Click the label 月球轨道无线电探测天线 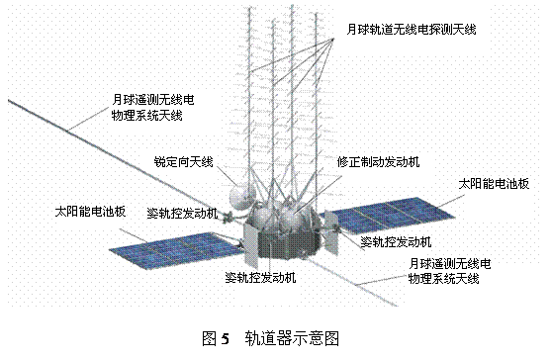tap(412, 29)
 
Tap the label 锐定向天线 tap(183, 161)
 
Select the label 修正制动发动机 tap(378, 161)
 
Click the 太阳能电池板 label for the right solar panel tap(494, 184)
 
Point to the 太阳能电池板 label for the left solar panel tap(90, 212)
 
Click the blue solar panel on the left tap(176, 250)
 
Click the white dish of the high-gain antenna tap(241, 197)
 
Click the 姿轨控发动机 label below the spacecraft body tap(260, 278)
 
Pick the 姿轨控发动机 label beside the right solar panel tap(396, 242)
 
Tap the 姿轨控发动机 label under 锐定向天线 tap(182, 214)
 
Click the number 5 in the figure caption tap(226, 339)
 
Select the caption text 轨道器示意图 tap(292, 338)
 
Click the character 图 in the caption tap(210, 338)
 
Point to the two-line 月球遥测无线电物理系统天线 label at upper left tap(153, 108)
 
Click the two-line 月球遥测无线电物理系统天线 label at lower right tap(449, 271)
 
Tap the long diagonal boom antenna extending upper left tap(116, 158)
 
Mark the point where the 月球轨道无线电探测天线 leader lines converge tap(333, 40)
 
